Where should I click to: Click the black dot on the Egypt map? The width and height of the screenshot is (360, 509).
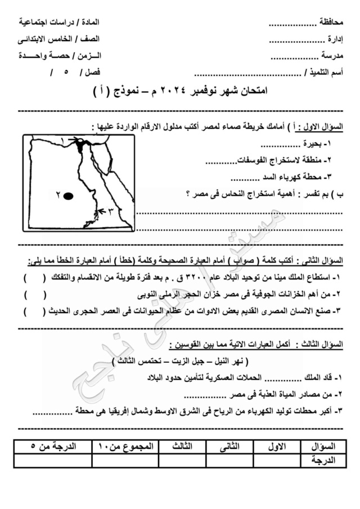pos(68,196)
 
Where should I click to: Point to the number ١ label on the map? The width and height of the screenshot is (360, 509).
pos(62,139)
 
